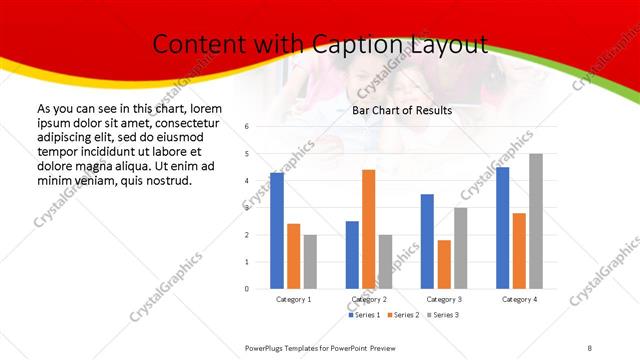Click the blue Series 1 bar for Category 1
[276, 231]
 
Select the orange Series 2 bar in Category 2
[368, 229]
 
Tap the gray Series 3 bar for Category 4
[536, 221]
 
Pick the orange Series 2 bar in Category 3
[444, 264]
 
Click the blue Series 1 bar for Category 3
[427, 241]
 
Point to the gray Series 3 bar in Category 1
[310, 262]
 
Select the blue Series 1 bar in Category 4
[502, 228]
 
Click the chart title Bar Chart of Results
[401, 110]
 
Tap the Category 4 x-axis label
[519, 299]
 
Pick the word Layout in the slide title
[449, 44]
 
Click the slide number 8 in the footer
[590, 347]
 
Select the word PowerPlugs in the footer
[268, 347]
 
